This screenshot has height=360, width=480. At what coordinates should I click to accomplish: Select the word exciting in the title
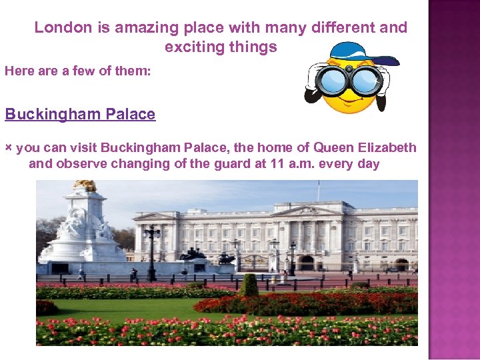coord(192,47)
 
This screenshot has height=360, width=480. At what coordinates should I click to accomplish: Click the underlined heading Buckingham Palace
coord(80,114)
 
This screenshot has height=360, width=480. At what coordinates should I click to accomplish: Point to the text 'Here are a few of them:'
coord(78,71)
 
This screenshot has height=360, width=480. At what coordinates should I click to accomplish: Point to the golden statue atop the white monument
coord(85,185)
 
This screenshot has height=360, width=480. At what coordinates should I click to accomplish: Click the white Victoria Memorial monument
coord(83,230)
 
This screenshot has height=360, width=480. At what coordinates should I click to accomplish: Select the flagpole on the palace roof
coord(318,191)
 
